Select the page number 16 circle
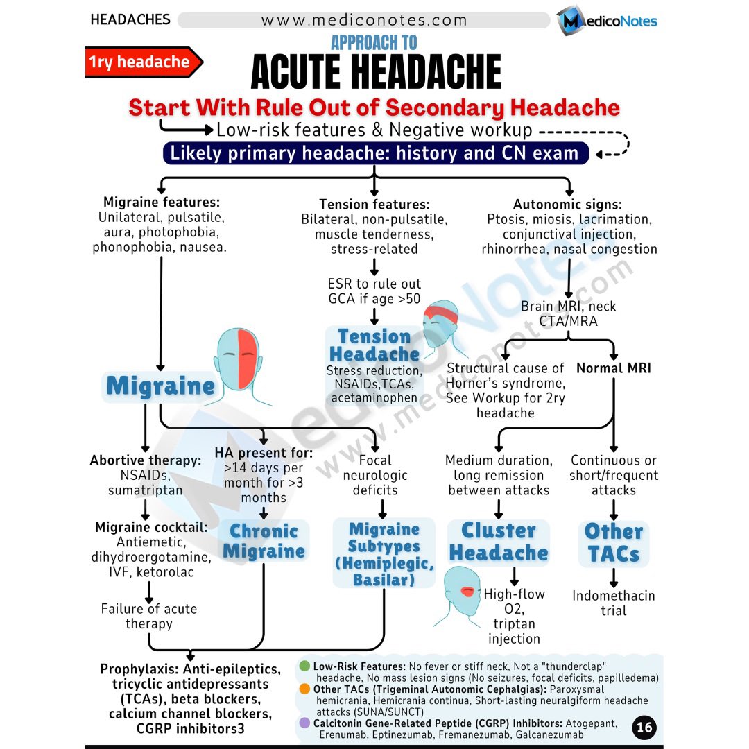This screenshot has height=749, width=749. point(644,727)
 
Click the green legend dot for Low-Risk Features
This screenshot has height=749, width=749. point(304,666)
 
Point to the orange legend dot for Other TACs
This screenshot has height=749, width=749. point(304,689)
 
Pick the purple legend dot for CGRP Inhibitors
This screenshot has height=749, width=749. point(304,723)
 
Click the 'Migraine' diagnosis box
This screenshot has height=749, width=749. point(161,386)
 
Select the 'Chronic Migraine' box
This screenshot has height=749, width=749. point(264,542)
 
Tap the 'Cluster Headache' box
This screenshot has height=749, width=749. point(498,542)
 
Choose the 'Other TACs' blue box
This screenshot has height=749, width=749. point(613,543)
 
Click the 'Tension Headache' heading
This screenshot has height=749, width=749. point(374,345)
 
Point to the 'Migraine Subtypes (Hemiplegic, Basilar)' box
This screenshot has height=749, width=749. point(384,554)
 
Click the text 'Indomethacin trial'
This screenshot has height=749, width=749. point(613,603)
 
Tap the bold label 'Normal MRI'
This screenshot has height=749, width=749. point(614,368)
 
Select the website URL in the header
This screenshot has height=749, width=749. point(364,20)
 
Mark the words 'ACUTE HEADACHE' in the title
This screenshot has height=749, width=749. point(376,72)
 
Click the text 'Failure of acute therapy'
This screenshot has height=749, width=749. point(148,616)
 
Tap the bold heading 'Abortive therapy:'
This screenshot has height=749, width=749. point(146,460)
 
